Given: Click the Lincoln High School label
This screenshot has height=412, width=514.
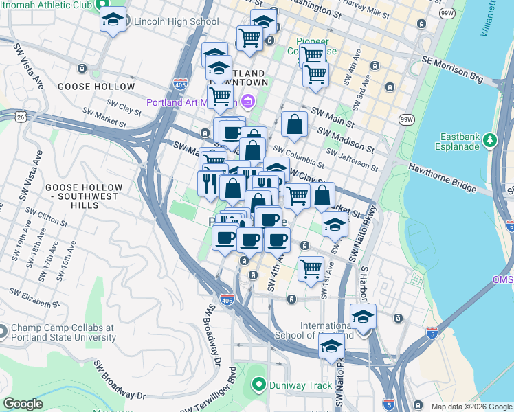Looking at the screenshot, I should click(x=176, y=21).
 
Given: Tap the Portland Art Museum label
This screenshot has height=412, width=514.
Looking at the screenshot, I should click(x=191, y=103).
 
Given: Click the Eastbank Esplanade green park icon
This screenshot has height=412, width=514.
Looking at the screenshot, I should click(x=490, y=140).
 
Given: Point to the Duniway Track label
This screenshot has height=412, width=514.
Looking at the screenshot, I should click(x=300, y=385).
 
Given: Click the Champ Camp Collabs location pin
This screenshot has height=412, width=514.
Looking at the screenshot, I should click(x=3, y=332).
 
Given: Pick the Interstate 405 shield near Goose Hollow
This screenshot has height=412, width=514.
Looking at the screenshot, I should click(x=180, y=84).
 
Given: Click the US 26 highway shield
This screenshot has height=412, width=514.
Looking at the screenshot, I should click(x=23, y=117).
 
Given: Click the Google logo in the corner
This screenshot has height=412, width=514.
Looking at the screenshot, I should click(x=23, y=404).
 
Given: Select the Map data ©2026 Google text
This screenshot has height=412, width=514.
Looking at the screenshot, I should click(x=471, y=407).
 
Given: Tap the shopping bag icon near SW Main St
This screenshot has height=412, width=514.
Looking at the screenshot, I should click(x=294, y=125).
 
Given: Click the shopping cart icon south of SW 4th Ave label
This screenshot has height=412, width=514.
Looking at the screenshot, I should click(x=311, y=268).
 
